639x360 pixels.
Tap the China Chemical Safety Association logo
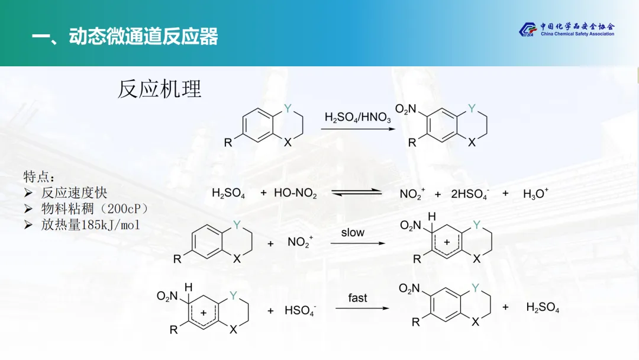tap(566, 29)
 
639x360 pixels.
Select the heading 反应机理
tap(160, 89)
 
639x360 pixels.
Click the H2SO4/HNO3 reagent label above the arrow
tap(357, 118)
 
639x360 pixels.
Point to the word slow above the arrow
tap(353, 233)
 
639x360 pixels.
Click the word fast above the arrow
tap(357, 298)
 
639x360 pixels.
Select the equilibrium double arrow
tap(356, 192)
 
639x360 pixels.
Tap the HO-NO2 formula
tap(295, 194)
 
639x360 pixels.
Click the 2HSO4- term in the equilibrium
tap(470, 194)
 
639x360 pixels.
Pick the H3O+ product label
tap(535, 194)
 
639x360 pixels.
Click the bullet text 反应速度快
tap(74, 192)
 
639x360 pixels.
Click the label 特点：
tap(40, 176)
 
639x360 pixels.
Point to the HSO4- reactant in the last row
tap(300, 311)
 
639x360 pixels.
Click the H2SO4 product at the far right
tap(543, 307)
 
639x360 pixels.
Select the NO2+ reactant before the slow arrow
tap(300, 242)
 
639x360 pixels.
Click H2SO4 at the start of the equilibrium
tap(228, 194)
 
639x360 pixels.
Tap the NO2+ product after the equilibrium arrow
tap(412, 194)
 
